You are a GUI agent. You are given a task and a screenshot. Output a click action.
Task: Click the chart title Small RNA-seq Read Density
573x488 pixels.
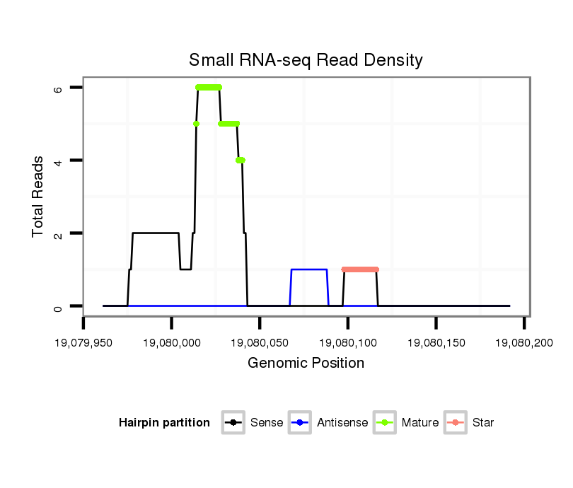coord(306,60)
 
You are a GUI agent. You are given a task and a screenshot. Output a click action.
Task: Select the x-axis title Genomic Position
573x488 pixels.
coord(306,364)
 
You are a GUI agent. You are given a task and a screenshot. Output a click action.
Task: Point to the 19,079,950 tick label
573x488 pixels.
coord(83,343)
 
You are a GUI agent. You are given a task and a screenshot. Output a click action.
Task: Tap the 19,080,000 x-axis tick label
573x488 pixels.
coord(172,343)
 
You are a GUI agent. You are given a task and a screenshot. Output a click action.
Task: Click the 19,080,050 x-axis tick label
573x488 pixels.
coord(260,343)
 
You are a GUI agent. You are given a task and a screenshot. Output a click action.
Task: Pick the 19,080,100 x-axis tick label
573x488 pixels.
coord(348,343)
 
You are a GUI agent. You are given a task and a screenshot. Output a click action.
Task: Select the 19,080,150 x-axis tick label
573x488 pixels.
coord(436,343)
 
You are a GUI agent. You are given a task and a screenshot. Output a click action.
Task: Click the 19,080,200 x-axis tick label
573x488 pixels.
coord(523,343)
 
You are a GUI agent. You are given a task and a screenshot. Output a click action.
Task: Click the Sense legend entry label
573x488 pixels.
coord(267,423)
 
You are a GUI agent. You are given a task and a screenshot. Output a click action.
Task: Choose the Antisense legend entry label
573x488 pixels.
coord(342,423)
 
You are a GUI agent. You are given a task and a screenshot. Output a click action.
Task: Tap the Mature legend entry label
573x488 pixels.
coord(420,423)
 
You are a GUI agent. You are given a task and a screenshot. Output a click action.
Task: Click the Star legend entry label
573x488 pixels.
coord(483,423)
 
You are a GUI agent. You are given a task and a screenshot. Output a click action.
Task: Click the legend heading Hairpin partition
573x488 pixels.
coord(164,423)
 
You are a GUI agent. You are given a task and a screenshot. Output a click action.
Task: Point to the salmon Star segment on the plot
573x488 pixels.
coord(360,269)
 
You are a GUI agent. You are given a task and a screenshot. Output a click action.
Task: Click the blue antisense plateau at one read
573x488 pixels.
coord(309,269)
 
